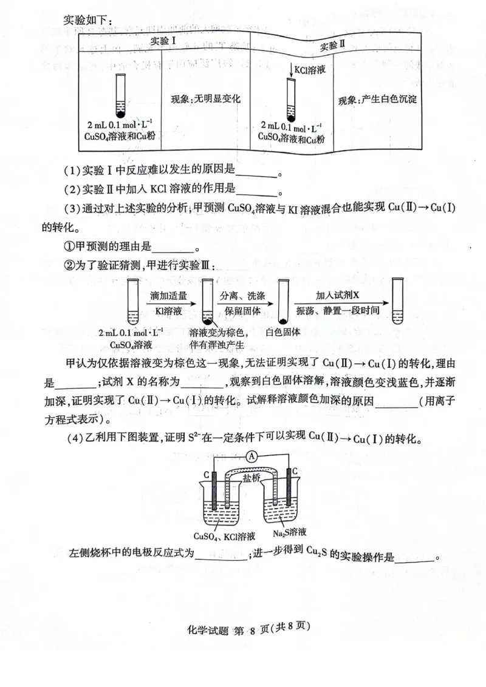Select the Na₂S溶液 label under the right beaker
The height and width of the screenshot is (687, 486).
[x=289, y=532]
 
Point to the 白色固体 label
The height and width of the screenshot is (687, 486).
[x=284, y=333]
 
